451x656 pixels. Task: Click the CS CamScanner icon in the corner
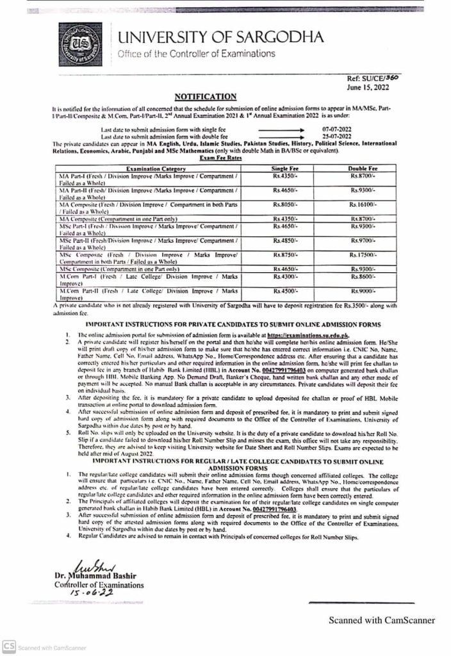point(8,646)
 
